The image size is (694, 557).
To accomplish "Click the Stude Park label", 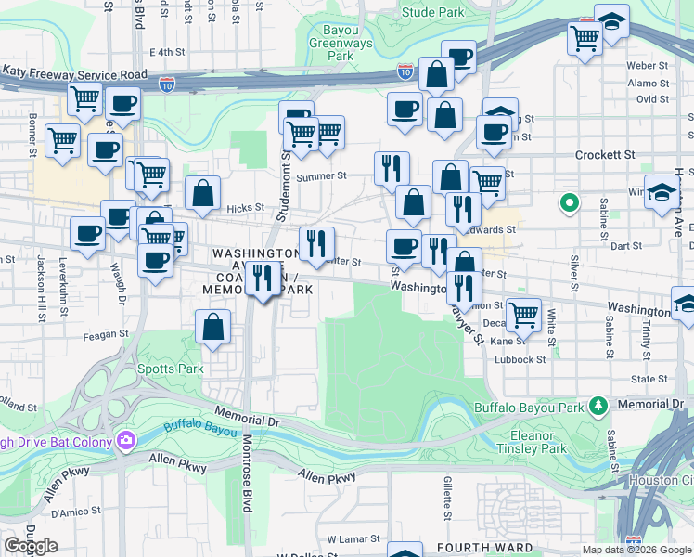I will pyautogui.click(x=433, y=13).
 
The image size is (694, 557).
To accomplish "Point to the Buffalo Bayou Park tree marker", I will pyautogui.click(x=598, y=406).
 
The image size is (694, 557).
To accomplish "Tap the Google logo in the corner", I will pyautogui.click(x=31, y=546).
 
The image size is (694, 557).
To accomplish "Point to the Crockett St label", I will pyautogui.click(x=605, y=155).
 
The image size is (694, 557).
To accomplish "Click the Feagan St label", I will pyautogui.click(x=106, y=334).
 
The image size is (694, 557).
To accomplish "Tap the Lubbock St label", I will pyautogui.click(x=520, y=359).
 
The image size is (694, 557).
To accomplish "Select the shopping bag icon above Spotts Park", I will pyautogui.click(x=213, y=327).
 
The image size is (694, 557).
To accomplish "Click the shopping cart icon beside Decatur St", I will pyautogui.click(x=523, y=314).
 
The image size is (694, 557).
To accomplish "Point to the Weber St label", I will pyautogui.click(x=648, y=66).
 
